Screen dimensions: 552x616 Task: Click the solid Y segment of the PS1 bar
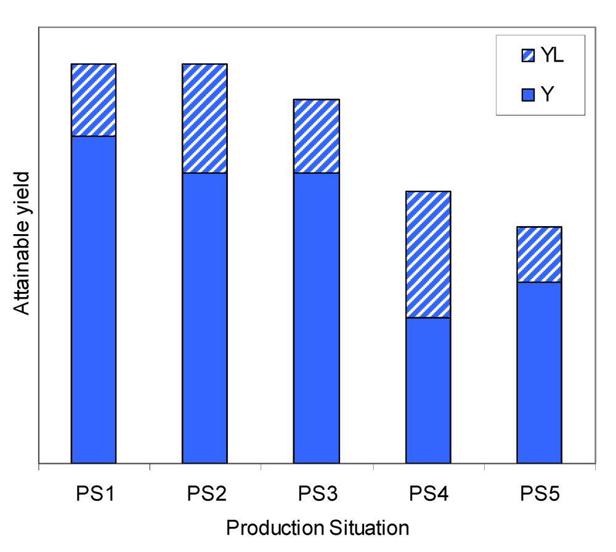coord(94,299)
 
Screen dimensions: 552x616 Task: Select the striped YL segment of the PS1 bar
coord(94,100)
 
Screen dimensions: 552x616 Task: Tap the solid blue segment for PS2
coord(205,317)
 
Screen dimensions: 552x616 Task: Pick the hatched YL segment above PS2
coord(205,118)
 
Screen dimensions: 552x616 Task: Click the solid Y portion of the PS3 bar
coord(317,317)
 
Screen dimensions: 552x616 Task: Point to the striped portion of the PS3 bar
coord(317,136)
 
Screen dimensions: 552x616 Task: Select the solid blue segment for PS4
coord(428,390)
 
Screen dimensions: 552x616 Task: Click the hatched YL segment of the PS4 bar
coord(428,254)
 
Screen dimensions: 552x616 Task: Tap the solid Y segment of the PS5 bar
coord(539,372)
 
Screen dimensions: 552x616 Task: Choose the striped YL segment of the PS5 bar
coord(539,254)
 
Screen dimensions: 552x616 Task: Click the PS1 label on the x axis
coord(94,494)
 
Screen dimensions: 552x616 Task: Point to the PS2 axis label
coord(205,494)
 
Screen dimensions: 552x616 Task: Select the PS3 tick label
coord(317,494)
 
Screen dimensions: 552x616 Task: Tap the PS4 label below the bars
coord(428,494)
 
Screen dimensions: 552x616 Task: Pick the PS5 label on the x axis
coord(539,494)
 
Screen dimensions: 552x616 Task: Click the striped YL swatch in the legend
coord(528,57)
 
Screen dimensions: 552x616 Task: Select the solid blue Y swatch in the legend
coord(528,94)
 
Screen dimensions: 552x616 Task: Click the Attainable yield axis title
coord(23,242)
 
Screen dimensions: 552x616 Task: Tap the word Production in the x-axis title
coord(273,529)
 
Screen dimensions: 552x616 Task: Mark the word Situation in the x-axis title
coord(368,529)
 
